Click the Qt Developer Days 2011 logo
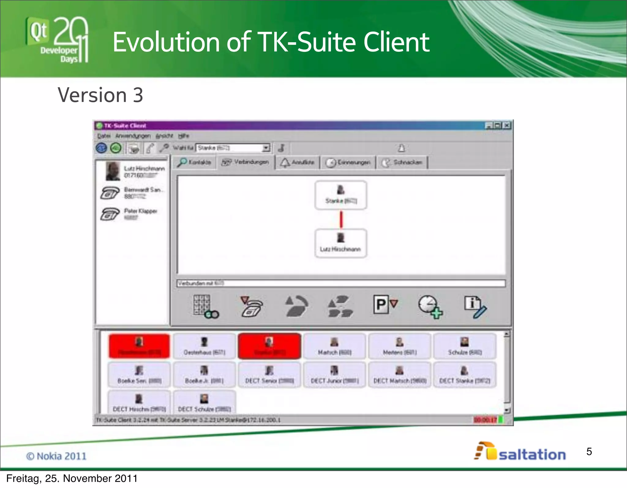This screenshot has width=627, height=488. pos(57,40)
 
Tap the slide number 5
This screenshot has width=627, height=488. pos(589,452)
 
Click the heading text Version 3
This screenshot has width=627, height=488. pos(100,95)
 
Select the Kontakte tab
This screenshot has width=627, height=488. pos(195,162)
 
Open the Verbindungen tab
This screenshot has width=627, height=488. pos(246,162)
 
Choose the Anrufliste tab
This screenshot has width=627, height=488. pos(298,162)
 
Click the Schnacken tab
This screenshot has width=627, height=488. pos(402,162)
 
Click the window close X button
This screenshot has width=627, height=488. pos(507,125)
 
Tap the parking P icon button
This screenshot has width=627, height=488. pos(385,305)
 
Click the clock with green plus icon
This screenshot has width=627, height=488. pos(430,307)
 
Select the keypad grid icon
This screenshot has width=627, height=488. pos(205,306)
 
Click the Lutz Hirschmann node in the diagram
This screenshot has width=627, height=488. pos(340,244)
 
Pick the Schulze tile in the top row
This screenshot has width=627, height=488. pos(465,346)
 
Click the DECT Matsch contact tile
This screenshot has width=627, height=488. pos(400,375)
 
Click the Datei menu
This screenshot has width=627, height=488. pos(104,136)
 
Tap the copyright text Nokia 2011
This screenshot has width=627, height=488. pos(56,456)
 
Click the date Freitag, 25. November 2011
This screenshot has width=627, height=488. pos(72,479)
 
